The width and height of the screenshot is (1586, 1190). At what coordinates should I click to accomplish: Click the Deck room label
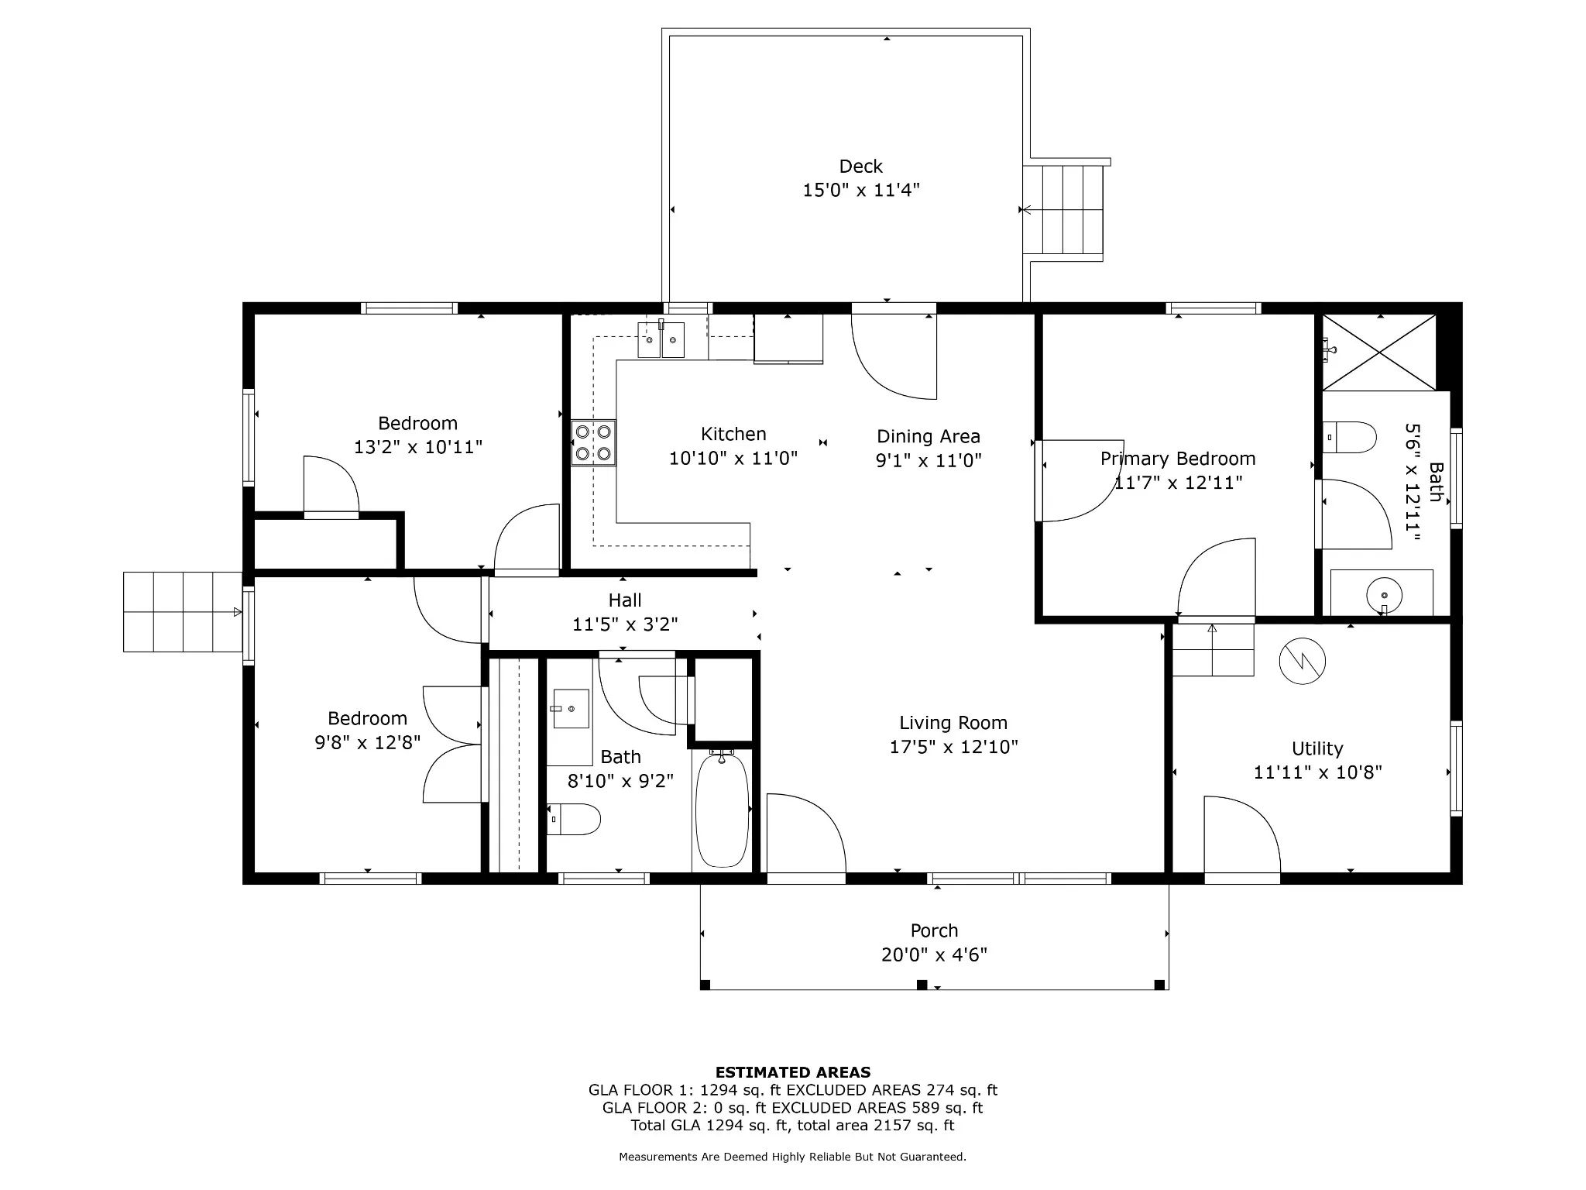click(861, 167)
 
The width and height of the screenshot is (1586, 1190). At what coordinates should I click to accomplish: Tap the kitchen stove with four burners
click(594, 442)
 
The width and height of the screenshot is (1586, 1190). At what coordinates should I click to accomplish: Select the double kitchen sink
click(661, 339)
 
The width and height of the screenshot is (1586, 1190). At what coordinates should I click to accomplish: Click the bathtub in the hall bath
click(722, 810)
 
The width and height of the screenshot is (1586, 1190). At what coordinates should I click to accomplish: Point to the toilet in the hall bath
click(574, 819)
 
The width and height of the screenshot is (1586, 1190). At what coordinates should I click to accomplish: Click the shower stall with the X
click(1379, 352)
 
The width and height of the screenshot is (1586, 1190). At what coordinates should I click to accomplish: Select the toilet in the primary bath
click(1349, 437)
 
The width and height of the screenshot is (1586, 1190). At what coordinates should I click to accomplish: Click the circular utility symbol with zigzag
click(1303, 662)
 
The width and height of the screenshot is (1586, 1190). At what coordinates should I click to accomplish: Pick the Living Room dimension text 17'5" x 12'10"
click(953, 747)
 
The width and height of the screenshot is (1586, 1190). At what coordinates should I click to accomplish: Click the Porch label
click(935, 930)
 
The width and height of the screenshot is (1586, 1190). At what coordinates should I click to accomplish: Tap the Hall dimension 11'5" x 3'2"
click(625, 624)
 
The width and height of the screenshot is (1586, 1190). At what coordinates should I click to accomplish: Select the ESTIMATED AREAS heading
click(793, 1072)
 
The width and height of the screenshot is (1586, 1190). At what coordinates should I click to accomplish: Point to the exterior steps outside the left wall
click(183, 612)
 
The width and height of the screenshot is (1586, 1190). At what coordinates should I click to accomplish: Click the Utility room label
click(1317, 748)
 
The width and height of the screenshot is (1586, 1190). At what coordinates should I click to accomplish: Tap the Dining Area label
click(929, 436)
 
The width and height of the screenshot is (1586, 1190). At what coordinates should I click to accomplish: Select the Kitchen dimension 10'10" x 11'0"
click(733, 459)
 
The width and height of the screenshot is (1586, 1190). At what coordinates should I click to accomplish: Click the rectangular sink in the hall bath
click(572, 709)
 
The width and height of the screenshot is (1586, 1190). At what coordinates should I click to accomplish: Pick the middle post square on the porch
click(922, 985)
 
